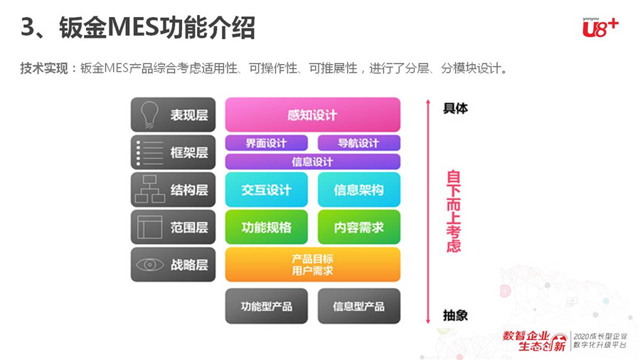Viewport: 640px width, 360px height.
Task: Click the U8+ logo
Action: [600, 27]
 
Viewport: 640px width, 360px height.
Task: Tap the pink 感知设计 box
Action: [313, 115]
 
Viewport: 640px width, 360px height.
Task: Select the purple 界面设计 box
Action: [267, 143]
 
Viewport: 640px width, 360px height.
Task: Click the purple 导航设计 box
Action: [359, 143]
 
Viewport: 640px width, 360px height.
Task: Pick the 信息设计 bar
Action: [313, 162]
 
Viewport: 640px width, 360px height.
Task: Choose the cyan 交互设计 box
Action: [267, 189]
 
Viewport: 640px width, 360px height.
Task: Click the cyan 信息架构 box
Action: [359, 189]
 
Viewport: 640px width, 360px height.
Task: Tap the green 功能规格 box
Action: [267, 227]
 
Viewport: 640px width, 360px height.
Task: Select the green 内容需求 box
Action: [359, 227]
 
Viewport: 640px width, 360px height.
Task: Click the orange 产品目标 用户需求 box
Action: [313, 265]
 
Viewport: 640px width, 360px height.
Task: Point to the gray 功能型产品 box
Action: [267, 306]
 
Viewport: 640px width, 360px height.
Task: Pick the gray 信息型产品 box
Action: [359, 306]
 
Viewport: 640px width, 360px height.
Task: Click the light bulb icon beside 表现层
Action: [149, 115]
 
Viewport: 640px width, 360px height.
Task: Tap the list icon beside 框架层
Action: [150, 153]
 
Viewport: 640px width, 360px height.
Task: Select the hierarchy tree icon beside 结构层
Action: [150, 189]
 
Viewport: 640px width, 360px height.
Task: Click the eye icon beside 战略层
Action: [150, 265]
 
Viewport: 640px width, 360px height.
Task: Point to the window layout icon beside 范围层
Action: [150, 227]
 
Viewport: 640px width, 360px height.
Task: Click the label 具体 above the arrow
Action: [456, 109]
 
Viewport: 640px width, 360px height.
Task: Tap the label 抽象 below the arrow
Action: [456, 315]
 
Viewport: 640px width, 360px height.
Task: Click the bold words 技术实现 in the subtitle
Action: [44, 68]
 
